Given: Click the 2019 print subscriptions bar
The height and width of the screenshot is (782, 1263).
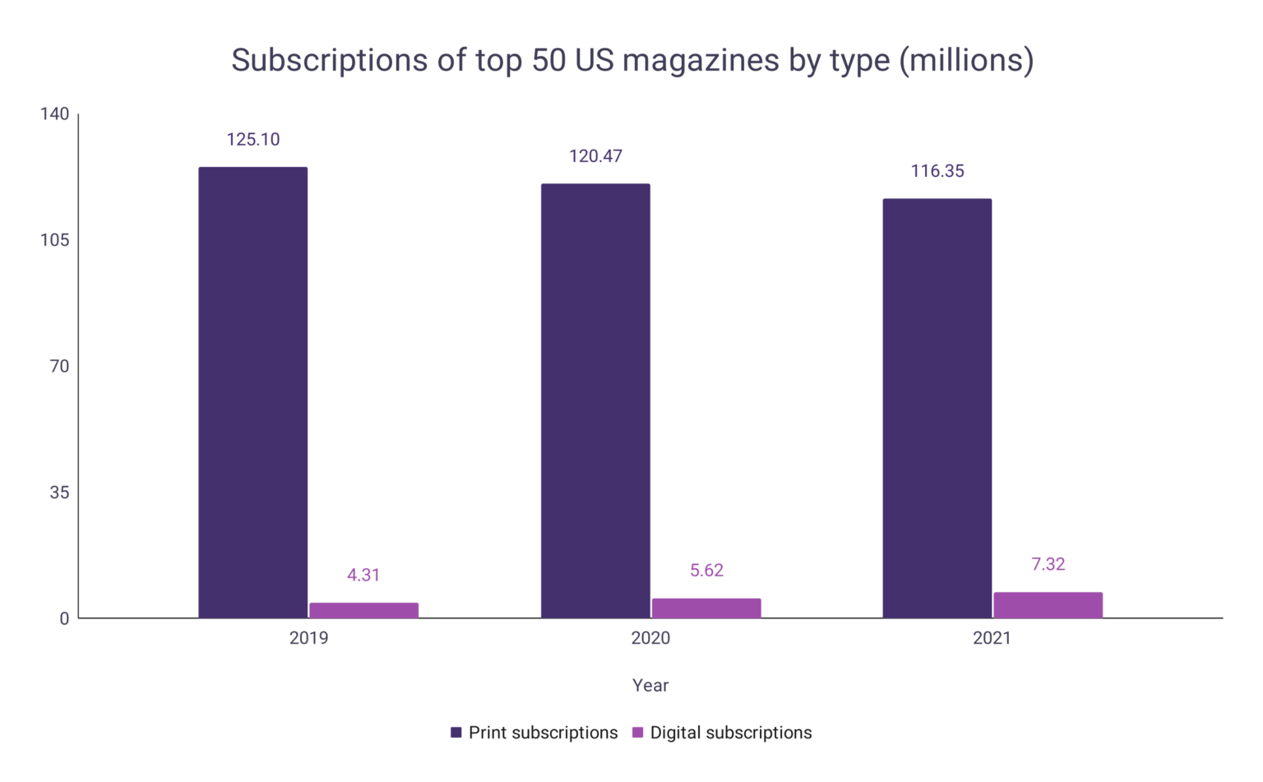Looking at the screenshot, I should click(x=252, y=392).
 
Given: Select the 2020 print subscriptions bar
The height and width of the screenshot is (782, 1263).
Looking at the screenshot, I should click(x=595, y=400).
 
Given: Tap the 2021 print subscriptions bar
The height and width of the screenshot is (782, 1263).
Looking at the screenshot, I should click(x=937, y=408).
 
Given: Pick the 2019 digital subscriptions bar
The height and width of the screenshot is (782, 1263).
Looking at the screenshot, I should click(x=363, y=610).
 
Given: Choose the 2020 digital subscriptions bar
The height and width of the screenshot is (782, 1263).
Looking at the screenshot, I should click(x=706, y=608).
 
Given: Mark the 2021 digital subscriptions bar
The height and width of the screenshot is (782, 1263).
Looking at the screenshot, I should click(x=1048, y=604).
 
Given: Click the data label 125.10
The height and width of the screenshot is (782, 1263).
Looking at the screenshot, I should click(x=253, y=140).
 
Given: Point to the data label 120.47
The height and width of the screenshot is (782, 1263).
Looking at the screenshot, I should click(x=595, y=156).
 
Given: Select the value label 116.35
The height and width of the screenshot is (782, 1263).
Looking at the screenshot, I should click(x=937, y=171).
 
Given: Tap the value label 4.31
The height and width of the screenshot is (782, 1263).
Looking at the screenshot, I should click(x=363, y=575).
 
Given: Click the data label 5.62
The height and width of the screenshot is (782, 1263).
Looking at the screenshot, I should click(x=706, y=571).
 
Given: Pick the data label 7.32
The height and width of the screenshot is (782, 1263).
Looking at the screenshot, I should click(x=1048, y=564).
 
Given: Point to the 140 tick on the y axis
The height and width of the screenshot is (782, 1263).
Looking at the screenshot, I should click(x=55, y=114).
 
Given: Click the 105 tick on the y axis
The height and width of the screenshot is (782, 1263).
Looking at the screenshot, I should click(x=55, y=240).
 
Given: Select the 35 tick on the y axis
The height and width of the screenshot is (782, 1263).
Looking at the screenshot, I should click(x=59, y=493).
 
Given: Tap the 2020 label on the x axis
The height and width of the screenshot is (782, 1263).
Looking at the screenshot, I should click(x=650, y=638).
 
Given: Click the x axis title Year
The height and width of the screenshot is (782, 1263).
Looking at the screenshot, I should click(x=650, y=686).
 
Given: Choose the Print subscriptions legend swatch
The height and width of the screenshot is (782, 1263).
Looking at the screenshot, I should click(x=456, y=733).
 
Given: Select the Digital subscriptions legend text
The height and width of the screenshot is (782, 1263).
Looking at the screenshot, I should click(x=730, y=733).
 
